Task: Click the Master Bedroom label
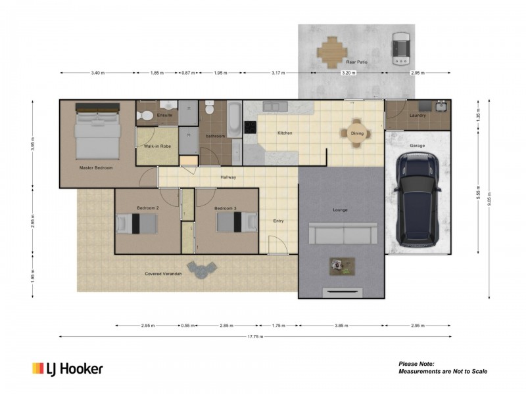96,168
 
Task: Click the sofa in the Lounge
343,232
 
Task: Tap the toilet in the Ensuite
146,116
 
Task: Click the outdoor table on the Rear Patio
332,51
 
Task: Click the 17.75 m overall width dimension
255,336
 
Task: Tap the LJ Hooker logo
68,369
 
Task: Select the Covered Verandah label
163,274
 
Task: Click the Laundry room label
418,116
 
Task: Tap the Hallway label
227,177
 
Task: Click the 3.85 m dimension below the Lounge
341,325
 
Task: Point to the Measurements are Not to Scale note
442,371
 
